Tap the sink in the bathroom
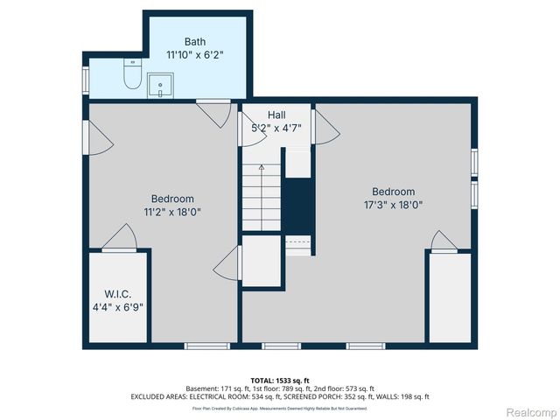tap(161, 85)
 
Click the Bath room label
tap(196, 41)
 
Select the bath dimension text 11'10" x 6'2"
tap(196, 54)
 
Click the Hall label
tap(275, 115)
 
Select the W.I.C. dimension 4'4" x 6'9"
tap(118, 307)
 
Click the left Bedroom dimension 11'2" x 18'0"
tap(172, 211)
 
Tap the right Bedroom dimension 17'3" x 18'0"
tap(393, 205)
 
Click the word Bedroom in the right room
tap(393, 192)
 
